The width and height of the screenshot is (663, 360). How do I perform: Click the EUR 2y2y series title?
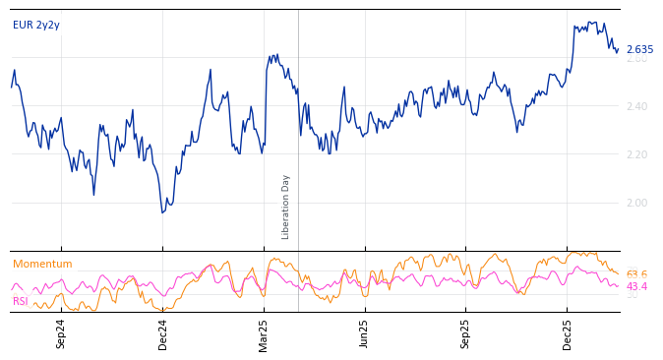36,25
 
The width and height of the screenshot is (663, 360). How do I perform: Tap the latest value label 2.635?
639,49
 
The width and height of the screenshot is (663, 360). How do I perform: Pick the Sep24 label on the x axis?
61,333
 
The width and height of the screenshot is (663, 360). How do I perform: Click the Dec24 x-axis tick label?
162,333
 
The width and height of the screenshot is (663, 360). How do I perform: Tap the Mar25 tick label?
264,333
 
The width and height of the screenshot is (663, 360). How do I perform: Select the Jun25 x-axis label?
365,333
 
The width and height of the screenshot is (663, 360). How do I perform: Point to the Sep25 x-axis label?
466,333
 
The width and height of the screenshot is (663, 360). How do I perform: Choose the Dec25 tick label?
568,333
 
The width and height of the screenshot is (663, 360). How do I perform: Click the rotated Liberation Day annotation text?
286,207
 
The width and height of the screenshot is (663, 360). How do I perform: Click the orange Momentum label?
42,264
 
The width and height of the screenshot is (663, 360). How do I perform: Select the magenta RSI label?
21,301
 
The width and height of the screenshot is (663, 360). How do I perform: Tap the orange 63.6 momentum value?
636,274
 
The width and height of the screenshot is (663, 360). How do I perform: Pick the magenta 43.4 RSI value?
636,286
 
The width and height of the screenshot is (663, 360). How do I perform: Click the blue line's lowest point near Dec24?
163,211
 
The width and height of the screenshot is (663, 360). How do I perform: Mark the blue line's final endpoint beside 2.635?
618,49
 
